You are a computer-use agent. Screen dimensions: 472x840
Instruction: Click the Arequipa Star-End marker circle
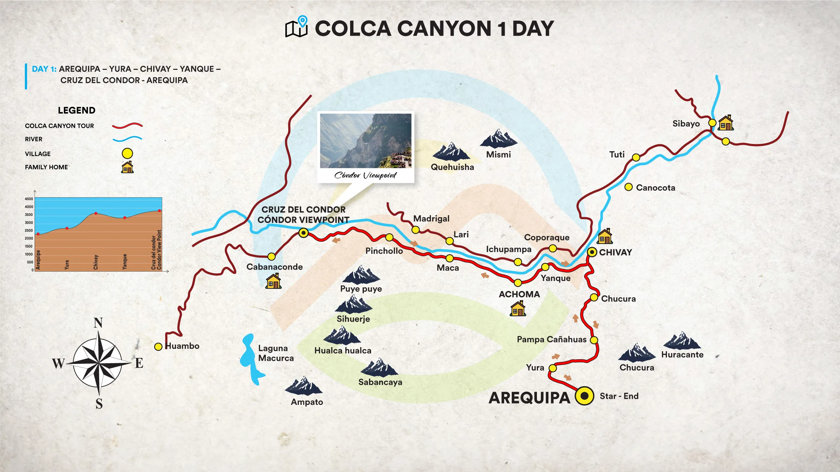tap(584, 396)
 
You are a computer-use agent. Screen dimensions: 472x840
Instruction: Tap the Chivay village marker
tap(592, 252)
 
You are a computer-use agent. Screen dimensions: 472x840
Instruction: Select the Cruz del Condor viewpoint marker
tap(303, 233)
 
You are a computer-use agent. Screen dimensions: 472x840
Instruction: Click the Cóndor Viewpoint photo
tap(366, 141)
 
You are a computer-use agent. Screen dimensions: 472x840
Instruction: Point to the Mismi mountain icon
tap(498, 139)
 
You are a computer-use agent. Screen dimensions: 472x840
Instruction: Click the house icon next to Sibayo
tap(726, 123)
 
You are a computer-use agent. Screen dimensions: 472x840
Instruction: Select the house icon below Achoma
tap(518, 309)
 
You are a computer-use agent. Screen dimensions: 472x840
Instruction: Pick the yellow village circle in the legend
tap(127, 153)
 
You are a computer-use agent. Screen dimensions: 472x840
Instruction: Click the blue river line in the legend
tap(127, 139)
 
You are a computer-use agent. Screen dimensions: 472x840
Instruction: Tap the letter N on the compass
tap(98, 323)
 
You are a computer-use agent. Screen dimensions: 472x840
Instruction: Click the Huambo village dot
tap(158, 347)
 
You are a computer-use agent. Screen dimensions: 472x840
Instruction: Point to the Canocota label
tap(656, 188)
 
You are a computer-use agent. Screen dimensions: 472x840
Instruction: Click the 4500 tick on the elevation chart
tap(29, 199)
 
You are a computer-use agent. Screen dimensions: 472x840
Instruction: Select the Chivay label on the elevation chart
tap(96, 262)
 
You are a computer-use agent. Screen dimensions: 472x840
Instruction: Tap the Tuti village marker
tap(636, 157)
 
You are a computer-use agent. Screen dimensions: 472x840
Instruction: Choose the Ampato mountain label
tap(307, 402)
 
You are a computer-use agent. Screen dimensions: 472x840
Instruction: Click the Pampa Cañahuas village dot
tap(594, 340)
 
